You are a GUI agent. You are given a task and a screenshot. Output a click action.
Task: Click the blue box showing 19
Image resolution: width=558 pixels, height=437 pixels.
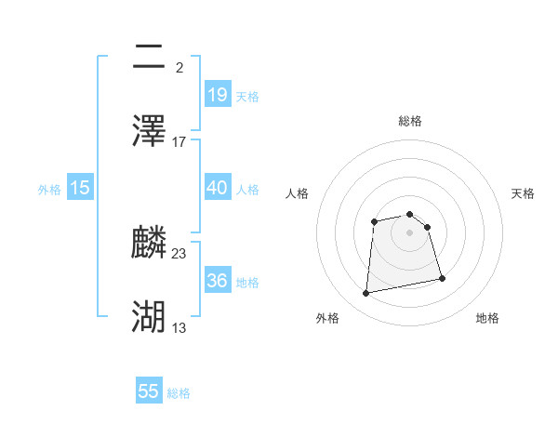(x=217, y=94)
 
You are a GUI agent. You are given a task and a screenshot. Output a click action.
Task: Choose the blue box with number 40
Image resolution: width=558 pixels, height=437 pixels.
(x=217, y=187)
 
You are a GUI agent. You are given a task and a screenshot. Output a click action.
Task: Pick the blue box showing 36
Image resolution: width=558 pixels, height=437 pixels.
(x=217, y=280)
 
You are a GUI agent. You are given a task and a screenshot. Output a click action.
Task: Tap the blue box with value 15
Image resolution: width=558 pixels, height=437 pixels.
(x=80, y=187)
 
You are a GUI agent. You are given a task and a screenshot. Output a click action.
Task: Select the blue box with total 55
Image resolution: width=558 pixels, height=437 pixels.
(x=149, y=391)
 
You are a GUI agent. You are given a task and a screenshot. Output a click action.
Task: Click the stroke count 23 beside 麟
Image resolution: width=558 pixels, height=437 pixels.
(x=179, y=253)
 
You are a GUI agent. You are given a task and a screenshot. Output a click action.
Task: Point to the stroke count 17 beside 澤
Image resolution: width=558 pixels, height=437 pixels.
(x=179, y=141)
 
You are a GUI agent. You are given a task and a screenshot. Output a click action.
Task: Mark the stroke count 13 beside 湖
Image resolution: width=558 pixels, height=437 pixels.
(x=179, y=327)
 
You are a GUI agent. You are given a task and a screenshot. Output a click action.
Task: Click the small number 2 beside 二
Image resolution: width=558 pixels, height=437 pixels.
(x=179, y=67)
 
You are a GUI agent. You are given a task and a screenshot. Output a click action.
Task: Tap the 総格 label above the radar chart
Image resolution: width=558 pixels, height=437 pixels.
(x=410, y=121)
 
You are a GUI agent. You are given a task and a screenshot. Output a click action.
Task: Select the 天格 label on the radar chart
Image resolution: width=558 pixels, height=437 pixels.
(x=523, y=193)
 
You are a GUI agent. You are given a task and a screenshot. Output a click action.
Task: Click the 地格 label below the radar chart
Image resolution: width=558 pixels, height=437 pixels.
(x=487, y=318)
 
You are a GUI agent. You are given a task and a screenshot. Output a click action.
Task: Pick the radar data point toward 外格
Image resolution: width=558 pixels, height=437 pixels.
(x=366, y=294)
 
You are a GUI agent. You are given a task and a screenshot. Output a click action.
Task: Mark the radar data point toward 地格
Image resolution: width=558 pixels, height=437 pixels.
(x=442, y=278)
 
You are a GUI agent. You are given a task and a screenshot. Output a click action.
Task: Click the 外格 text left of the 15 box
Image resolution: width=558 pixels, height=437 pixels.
(x=48, y=189)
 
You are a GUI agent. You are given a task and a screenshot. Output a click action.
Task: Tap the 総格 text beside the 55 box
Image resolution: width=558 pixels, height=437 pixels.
(x=179, y=393)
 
